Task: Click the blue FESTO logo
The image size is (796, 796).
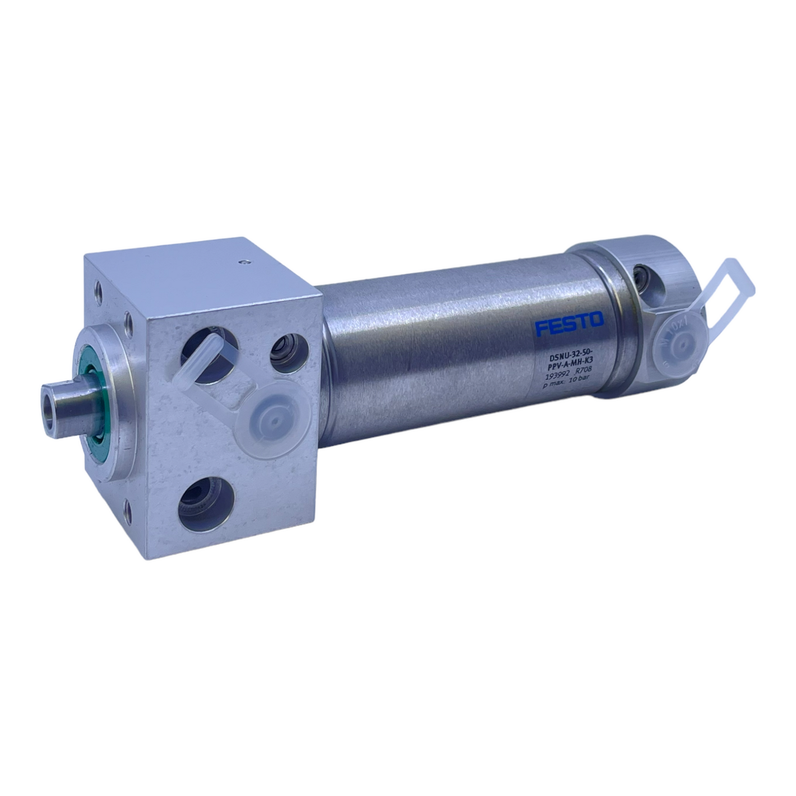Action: point(568,323)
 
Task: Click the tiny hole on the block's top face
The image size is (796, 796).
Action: point(242,261)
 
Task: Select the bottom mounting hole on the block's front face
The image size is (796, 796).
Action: point(130,509)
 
